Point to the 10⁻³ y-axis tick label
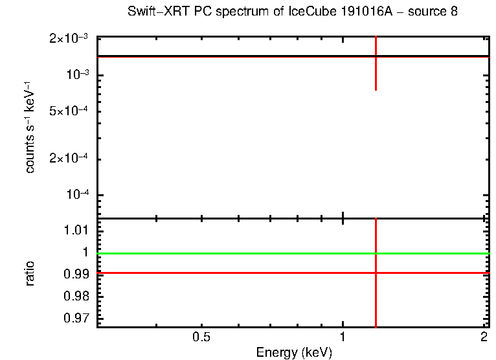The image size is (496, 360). tap(76, 75)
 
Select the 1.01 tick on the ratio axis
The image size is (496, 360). tap(79, 230)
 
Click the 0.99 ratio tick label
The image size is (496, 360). tap(79, 274)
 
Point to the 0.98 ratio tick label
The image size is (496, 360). tap(79, 296)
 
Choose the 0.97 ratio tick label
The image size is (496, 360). tap(79, 318)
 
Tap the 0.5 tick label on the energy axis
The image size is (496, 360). tap(202, 337)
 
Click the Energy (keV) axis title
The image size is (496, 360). tap(294, 353)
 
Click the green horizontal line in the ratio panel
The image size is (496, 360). tap(227, 253)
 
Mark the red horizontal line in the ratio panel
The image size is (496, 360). tap(227, 273)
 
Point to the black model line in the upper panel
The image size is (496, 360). tap(227, 56)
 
